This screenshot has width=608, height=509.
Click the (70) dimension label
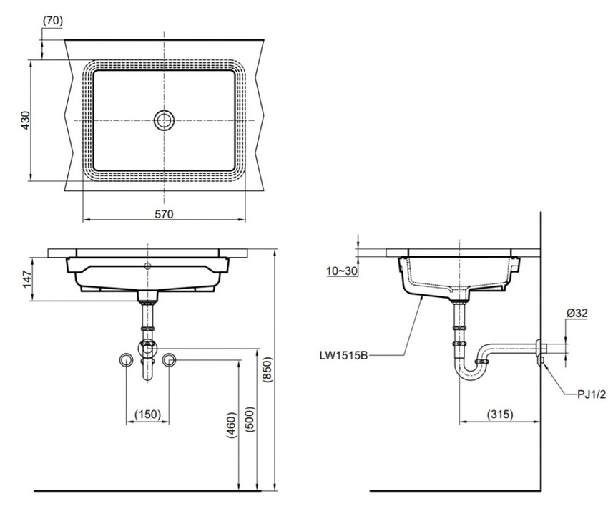[x=52, y=21]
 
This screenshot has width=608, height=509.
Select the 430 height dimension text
[x=25, y=120]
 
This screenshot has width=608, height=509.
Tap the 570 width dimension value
[x=164, y=214]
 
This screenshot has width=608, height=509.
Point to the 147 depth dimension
[x=27, y=279]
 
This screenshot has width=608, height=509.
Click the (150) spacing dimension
[x=148, y=415]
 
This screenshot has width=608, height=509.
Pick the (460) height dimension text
[x=231, y=425]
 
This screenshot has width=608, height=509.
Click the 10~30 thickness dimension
[x=342, y=271]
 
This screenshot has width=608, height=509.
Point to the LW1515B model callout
[x=343, y=354]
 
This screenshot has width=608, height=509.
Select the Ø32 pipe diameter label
[x=577, y=313]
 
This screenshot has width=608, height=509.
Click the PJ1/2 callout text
[x=592, y=394]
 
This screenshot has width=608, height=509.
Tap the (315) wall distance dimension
[x=500, y=415]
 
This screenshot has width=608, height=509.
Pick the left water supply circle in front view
[x=126, y=360]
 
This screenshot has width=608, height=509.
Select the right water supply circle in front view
[x=169, y=360]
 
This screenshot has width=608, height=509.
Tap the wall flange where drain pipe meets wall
[x=539, y=353]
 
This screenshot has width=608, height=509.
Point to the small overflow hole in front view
[x=147, y=266]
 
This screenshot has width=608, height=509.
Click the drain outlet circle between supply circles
[x=147, y=348]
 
